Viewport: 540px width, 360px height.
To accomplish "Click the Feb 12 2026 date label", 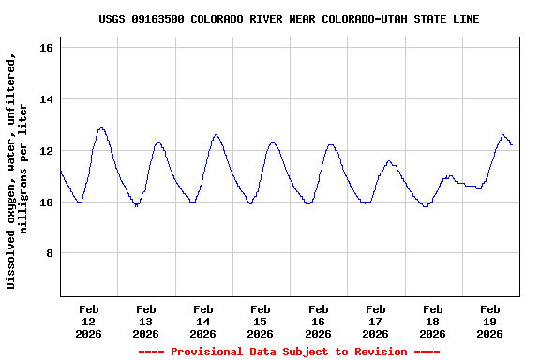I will click(88, 321).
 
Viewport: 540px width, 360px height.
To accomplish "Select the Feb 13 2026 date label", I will click(145, 321).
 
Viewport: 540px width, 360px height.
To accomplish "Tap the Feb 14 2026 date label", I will click(202, 321).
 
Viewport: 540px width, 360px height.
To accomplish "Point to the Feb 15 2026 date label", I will click(261, 321).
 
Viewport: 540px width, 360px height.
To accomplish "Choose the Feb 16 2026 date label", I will click(318, 321).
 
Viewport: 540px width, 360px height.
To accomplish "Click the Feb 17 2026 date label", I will click(375, 321).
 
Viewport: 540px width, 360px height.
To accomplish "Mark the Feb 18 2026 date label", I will click(432, 321).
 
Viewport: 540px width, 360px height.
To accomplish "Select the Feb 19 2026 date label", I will click(489, 321).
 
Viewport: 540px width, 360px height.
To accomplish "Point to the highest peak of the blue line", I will click(101, 127).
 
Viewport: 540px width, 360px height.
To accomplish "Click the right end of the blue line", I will click(512, 144).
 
